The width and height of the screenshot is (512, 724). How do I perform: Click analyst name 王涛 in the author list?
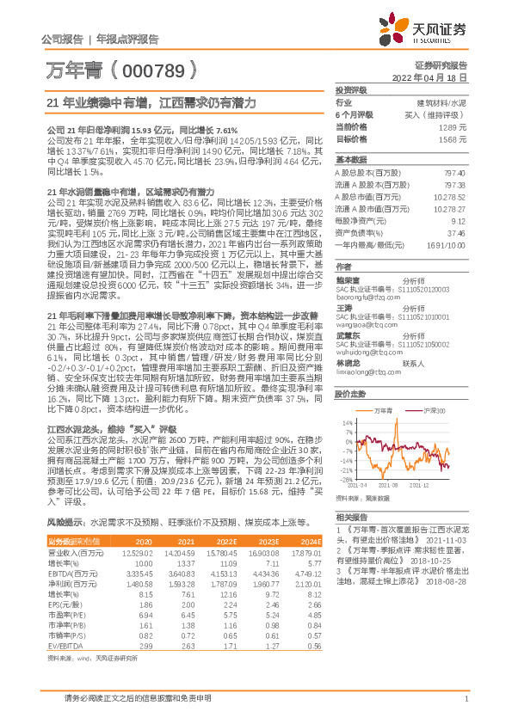(345, 307)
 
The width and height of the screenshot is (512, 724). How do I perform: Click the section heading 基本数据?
(350, 161)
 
